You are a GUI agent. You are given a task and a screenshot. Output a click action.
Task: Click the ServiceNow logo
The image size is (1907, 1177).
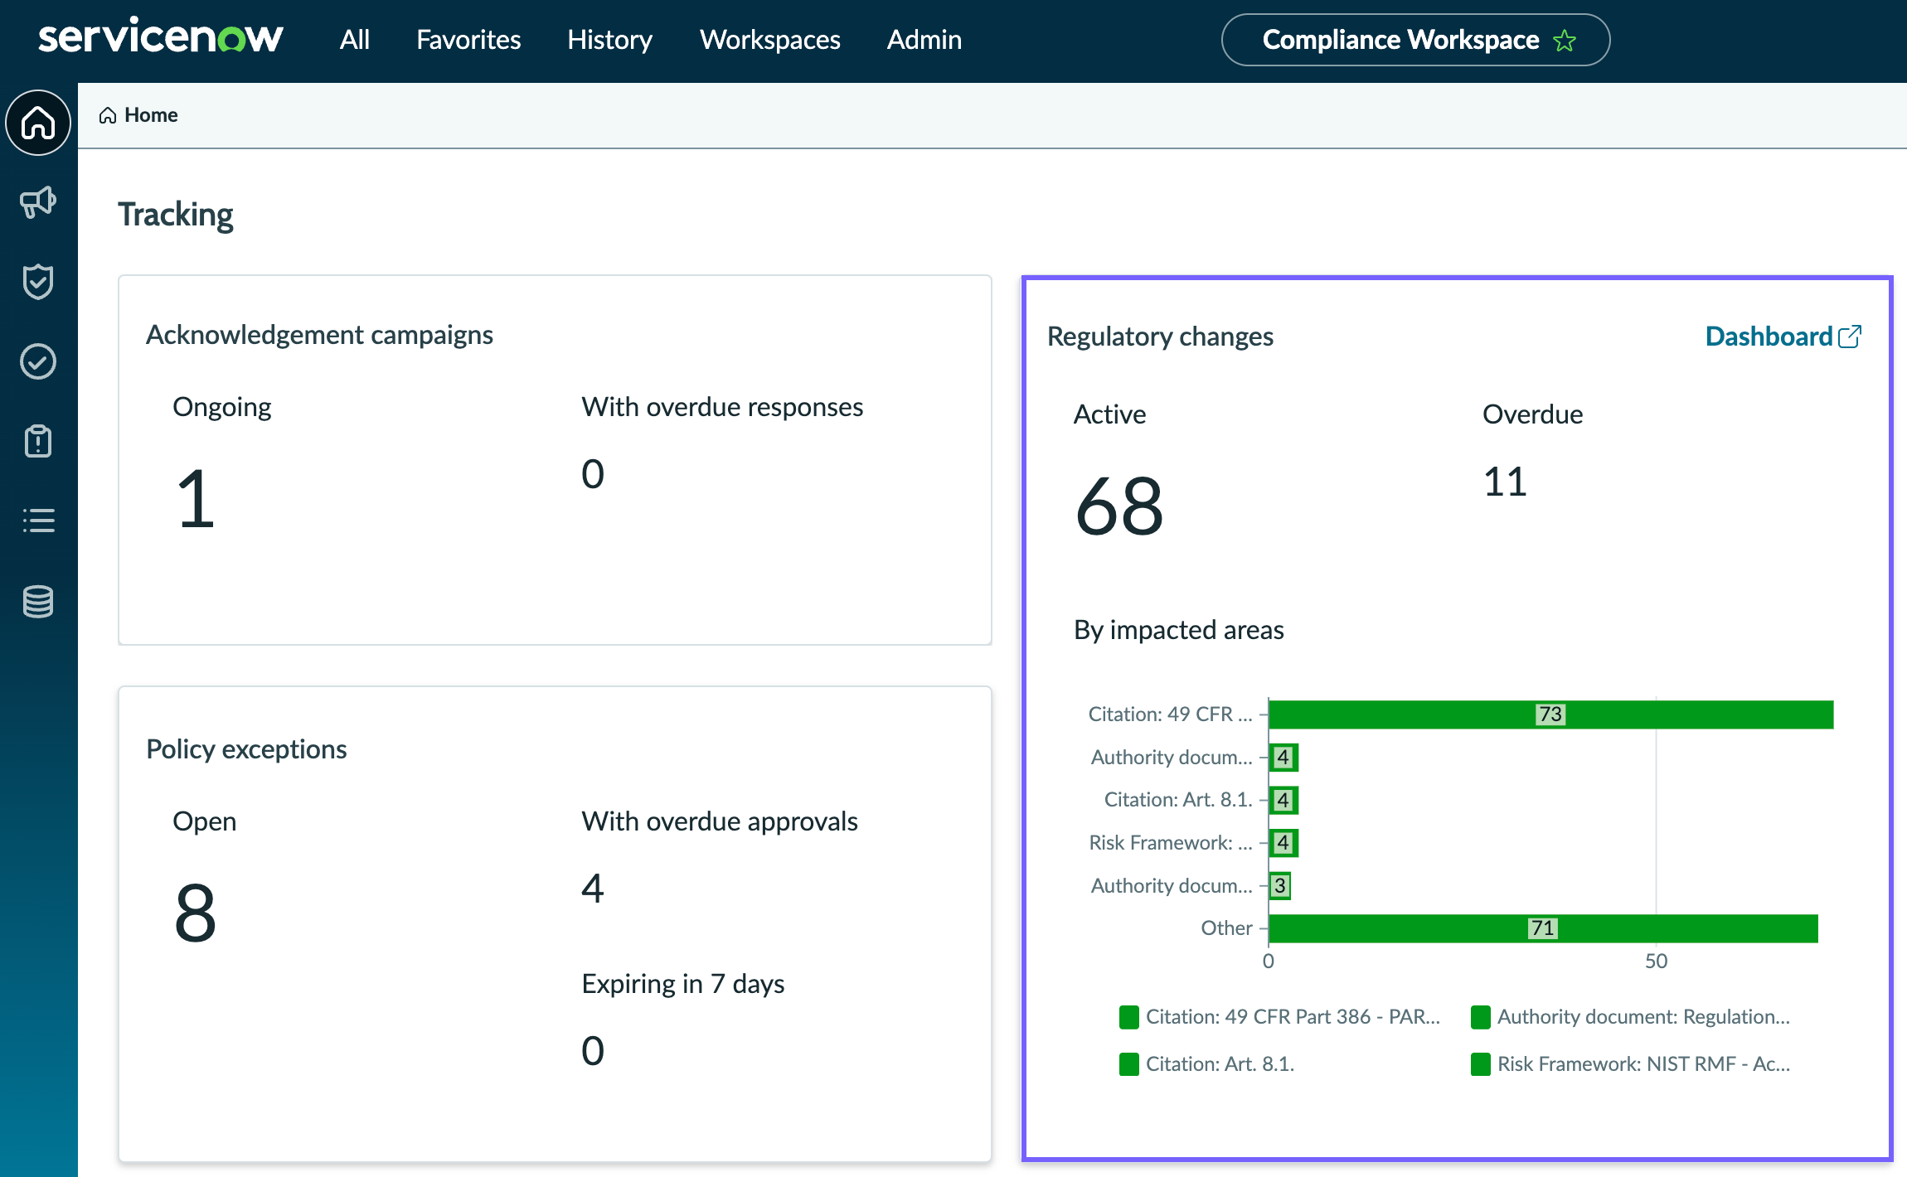click(161, 38)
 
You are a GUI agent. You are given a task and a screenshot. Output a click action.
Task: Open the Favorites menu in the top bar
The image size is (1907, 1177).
click(468, 40)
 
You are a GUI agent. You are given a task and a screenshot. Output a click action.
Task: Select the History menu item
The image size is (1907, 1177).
click(609, 40)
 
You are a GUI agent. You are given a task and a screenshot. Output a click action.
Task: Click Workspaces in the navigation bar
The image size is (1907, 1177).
click(769, 40)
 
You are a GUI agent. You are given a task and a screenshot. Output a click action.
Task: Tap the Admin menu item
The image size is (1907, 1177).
click(924, 40)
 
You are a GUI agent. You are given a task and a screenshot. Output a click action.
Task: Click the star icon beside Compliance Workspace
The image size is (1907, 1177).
click(1565, 41)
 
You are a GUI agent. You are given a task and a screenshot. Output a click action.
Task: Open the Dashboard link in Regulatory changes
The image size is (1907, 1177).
click(1783, 337)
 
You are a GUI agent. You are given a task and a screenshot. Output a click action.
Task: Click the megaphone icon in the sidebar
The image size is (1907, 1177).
click(38, 201)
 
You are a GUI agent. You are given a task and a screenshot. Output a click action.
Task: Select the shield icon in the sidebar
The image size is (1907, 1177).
click(38, 282)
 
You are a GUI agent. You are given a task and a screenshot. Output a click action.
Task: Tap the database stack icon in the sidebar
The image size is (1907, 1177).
click(38, 602)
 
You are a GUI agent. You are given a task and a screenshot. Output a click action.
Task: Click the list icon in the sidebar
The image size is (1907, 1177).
click(38, 521)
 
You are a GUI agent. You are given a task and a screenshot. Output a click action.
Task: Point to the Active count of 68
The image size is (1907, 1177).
click(1119, 506)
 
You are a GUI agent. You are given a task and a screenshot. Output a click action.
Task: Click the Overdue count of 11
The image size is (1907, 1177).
click(1505, 482)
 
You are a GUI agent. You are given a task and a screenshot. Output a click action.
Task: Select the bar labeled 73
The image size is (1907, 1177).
click(1550, 714)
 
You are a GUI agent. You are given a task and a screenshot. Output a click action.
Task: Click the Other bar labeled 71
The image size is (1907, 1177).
click(1543, 928)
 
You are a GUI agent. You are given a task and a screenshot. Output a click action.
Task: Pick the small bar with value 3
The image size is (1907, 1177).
click(1279, 885)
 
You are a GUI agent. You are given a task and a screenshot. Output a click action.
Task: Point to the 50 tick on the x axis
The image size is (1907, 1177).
click(1656, 961)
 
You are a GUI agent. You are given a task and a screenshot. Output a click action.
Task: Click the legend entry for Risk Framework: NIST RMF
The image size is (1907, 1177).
click(1630, 1064)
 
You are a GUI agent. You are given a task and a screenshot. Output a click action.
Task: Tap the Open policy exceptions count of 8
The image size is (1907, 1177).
click(196, 913)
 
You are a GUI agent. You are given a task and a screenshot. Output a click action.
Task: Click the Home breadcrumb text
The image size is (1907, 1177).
click(151, 115)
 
